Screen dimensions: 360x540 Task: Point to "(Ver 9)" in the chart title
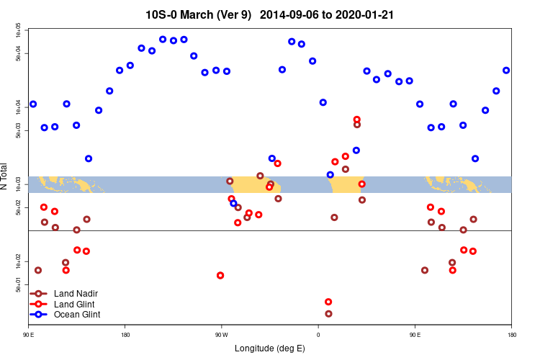point(232,14)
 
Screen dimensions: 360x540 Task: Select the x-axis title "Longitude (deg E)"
point(269,348)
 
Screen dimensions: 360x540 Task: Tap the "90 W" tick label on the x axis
point(221,335)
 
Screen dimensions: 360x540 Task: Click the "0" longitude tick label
point(318,335)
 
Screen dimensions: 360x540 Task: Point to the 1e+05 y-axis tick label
point(18,30)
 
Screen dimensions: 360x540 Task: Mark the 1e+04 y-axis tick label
point(18,107)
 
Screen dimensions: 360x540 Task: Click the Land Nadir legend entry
point(76,294)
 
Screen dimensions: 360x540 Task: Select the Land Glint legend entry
point(75,305)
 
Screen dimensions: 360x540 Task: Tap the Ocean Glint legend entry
point(77,315)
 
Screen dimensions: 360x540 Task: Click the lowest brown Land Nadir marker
point(328,314)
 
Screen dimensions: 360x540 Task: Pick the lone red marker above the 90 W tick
point(220,276)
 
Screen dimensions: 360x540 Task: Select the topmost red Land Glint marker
point(357,120)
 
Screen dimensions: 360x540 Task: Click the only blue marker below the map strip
point(233,204)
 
